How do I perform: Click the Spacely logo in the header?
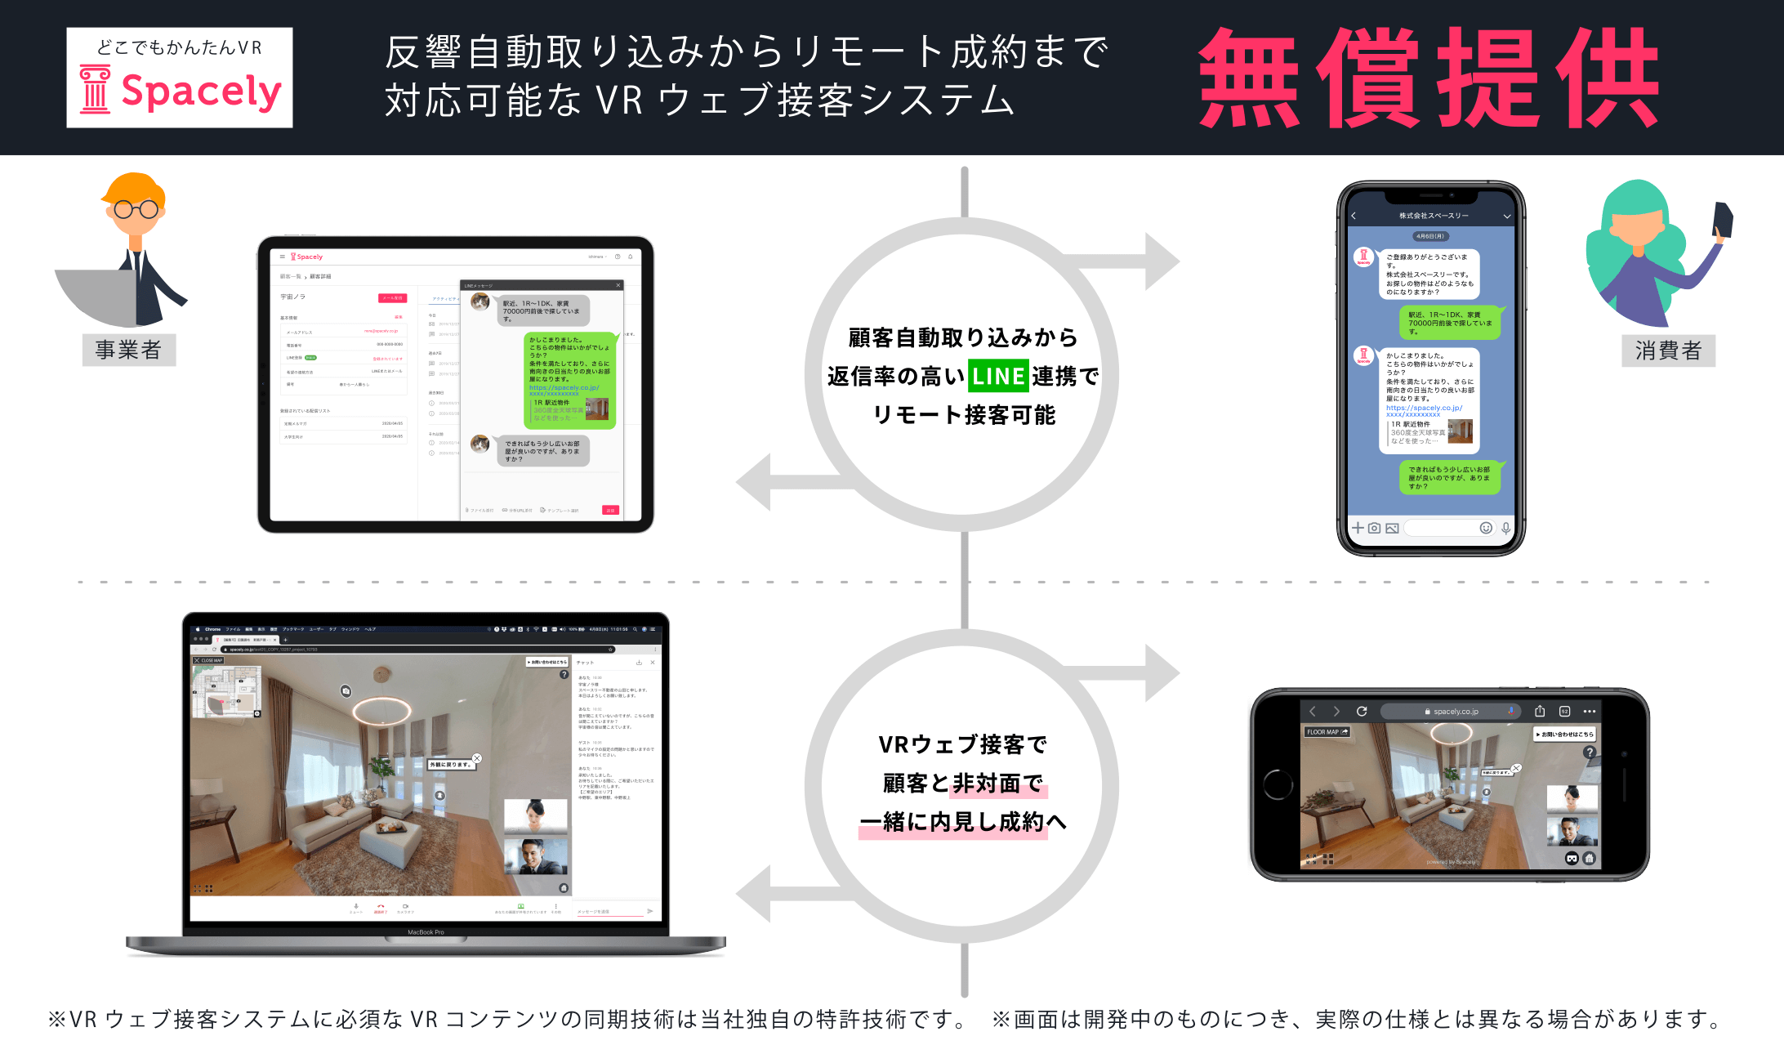tap(180, 78)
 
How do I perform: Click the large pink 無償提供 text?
tap(1429, 78)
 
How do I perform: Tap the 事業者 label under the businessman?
tap(129, 351)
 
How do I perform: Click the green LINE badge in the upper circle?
tap(997, 377)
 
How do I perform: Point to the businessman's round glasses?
tap(136, 209)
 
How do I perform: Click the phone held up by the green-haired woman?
tap(1723, 220)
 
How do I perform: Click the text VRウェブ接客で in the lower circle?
tap(962, 745)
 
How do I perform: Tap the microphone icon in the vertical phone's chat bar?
tap(1505, 528)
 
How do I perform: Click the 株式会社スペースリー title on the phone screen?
tap(1434, 216)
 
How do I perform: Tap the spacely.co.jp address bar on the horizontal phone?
tap(1451, 712)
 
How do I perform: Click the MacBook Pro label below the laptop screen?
tap(426, 932)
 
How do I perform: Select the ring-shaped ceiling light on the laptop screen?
tap(382, 709)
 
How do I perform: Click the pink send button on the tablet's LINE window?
tap(610, 511)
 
